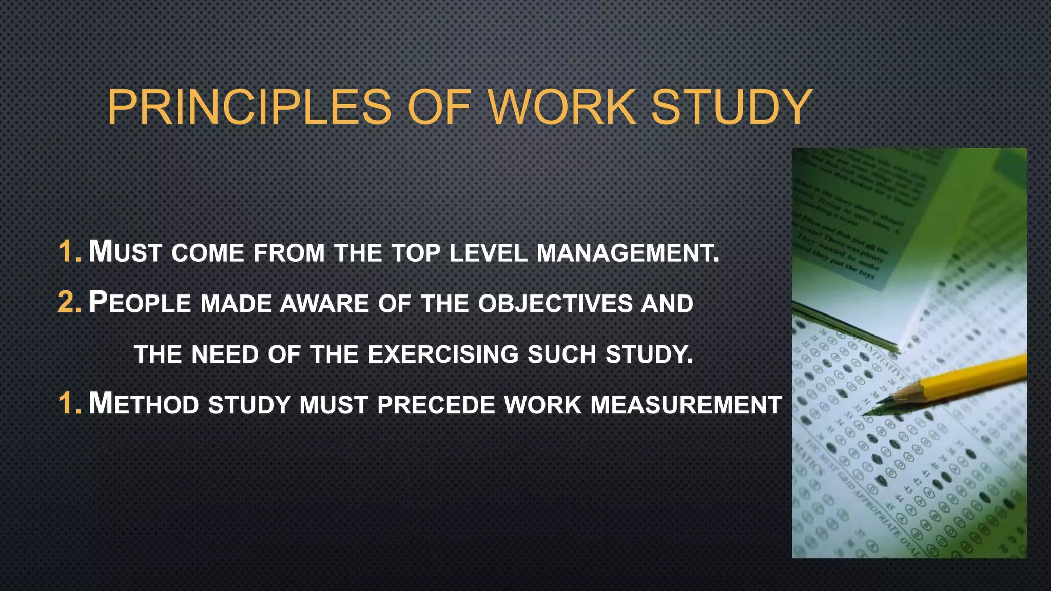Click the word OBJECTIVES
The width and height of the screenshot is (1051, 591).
click(555, 304)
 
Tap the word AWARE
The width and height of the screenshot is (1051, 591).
click(324, 304)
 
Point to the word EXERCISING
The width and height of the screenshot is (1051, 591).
click(443, 354)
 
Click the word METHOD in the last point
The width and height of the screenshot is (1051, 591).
click(144, 404)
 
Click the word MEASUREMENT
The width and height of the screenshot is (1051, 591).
click(686, 405)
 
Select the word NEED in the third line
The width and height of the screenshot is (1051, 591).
click(225, 354)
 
